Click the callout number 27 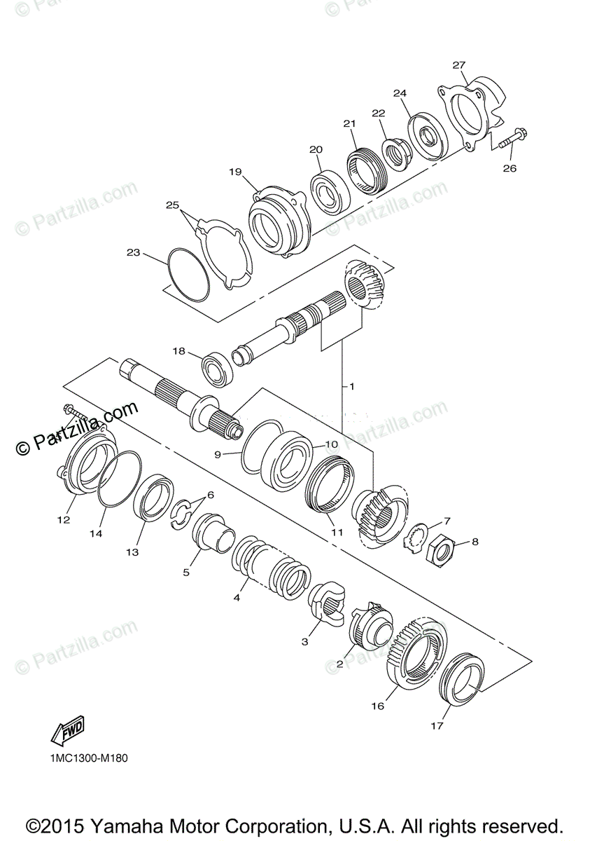coord(458,65)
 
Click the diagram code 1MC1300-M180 coord(88,758)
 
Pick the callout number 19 coord(234,172)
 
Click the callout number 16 coord(378,706)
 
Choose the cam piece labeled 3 coord(327,601)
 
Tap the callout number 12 coord(64,519)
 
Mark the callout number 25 coord(172,205)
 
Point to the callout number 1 coord(352,386)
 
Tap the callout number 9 coord(218,454)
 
